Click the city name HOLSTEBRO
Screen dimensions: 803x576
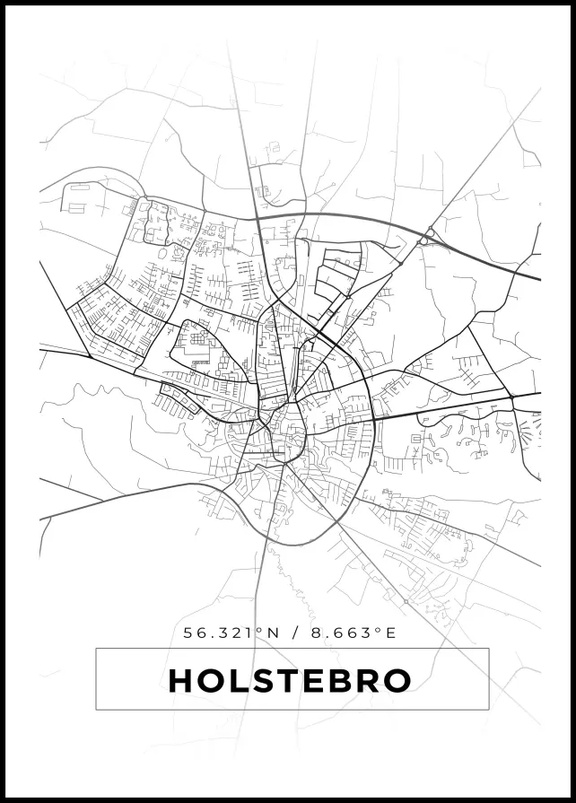(x=290, y=680)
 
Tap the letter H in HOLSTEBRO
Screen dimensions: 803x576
(x=180, y=681)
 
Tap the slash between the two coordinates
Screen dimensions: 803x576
(x=296, y=633)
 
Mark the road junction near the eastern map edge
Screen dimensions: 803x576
(x=511, y=397)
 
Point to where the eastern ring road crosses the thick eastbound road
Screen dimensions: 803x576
(x=371, y=418)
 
